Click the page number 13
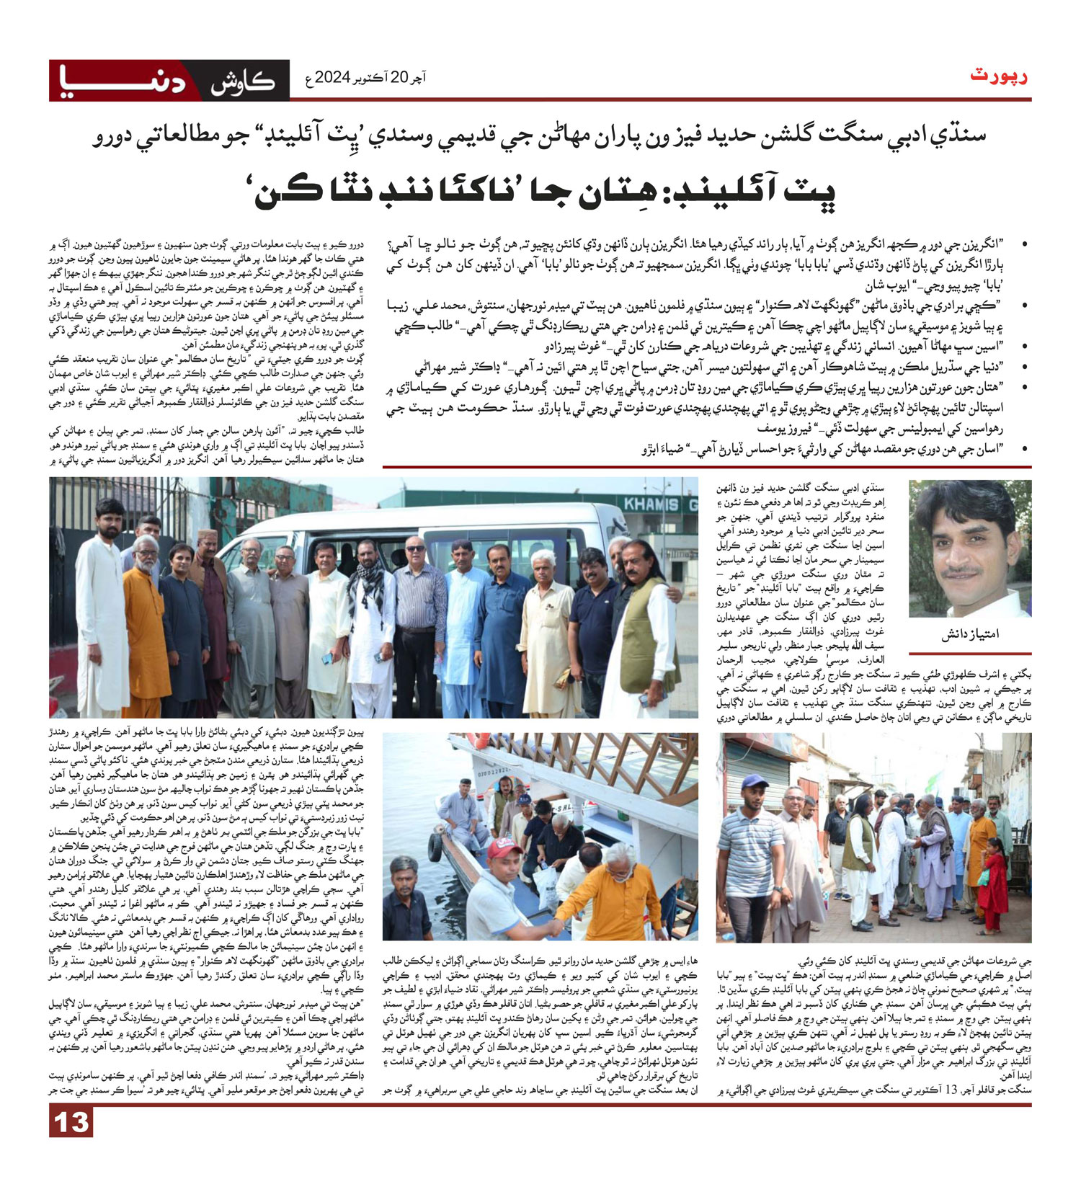point(71,1122)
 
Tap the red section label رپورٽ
point(1000,76)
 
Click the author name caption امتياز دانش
point(970,635)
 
